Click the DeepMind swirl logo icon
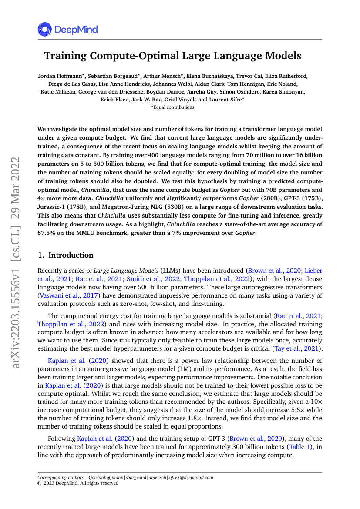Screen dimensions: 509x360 (x=44, y=30)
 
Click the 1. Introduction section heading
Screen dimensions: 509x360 (x=66, y=255)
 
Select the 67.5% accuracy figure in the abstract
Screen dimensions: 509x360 (x=47, y=232)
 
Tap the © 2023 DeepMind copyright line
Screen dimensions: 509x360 (x=78, y=483)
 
